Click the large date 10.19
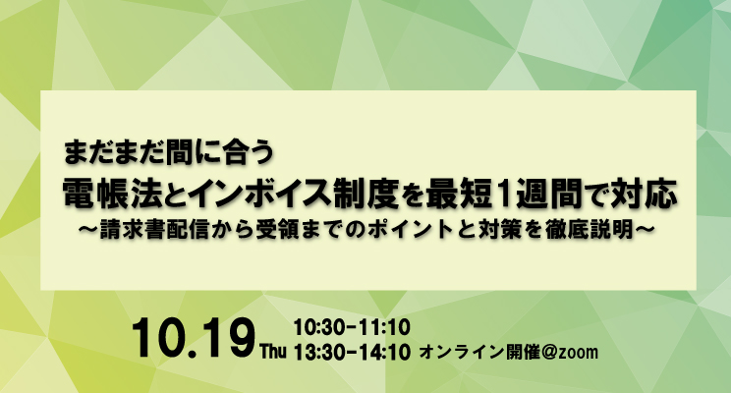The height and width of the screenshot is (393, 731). tap(194, 338)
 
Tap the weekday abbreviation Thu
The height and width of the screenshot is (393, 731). tap(273, 352)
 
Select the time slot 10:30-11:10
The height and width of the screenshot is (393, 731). tap(352, 327)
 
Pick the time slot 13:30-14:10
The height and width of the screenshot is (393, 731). tap(352, 352)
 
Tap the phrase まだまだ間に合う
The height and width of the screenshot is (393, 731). tap(168, 152)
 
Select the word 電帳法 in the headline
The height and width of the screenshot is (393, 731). tap(112, 194)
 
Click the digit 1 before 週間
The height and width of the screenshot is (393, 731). tap(503, 194)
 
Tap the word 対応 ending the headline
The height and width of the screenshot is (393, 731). tap(645, 194)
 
